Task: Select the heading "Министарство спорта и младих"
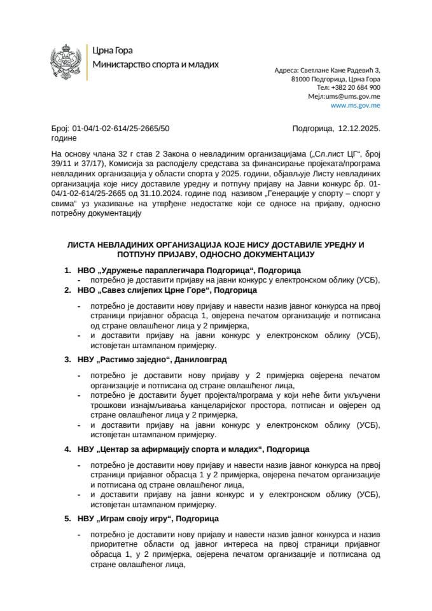tap(155, 64)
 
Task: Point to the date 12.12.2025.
tap(359, 128)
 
